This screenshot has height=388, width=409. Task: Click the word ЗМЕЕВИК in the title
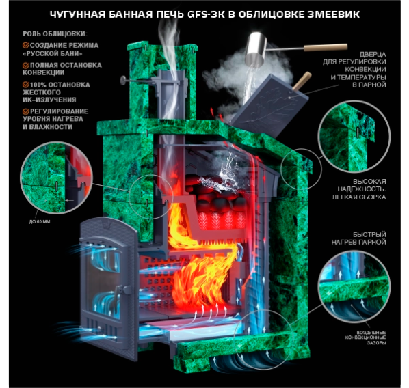[x=334, y=14]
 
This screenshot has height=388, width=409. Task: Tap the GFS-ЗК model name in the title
[x=206, y=14]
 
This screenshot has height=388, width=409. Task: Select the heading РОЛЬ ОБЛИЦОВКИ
[x=55, y=34]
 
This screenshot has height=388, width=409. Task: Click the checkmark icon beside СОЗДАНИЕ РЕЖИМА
[x=25, y=45]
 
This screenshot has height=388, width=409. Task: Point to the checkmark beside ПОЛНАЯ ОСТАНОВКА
[x=25, y=65]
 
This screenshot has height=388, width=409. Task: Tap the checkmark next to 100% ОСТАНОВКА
[x=25, y=85]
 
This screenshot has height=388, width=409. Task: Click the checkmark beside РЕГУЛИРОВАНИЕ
[x=25, y=111]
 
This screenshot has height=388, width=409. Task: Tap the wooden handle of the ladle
[x=326, y=47]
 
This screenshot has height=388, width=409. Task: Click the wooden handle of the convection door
[x=302, y=81]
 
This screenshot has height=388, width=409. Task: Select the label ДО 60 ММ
[x=40, y=222]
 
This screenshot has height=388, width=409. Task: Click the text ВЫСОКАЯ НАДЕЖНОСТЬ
[x=362, y=185]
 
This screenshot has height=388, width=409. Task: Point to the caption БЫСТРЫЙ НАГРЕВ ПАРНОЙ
[x=359, y=238]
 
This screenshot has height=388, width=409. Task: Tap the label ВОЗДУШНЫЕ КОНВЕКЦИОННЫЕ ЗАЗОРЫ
[x=366, y=337]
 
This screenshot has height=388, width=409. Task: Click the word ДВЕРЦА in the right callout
[x=373, y=55]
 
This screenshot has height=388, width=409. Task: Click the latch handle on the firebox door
[x=122, y=290]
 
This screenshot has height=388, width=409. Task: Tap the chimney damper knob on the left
[x=123, y=80]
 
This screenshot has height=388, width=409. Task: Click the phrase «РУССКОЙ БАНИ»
[x=53, y=54]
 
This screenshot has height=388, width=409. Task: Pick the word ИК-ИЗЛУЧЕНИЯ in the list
[x=49, y=100]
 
